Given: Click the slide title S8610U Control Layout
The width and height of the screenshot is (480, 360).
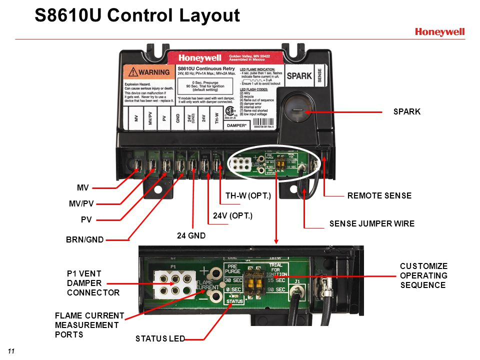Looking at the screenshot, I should pyautogui.click(x=137, y=16).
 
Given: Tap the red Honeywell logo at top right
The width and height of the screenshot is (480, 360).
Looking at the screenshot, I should pyautogui.click(x=439, y=32).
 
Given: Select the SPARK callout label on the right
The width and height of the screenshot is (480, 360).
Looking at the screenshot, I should pyautogui.click(x=407, y=112).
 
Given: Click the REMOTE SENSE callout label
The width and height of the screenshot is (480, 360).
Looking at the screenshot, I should pyautogui.click(x=379, y=195).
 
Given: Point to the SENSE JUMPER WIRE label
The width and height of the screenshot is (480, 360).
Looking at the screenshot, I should pyautogui.click(x=371, y=223).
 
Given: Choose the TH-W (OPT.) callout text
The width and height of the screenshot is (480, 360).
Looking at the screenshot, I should pyautogui.click(x=248, y=195).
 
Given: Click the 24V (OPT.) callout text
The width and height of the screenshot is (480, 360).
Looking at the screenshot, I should pyautogui.click(x=232, y=216).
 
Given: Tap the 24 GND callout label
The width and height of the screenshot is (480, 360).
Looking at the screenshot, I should pyautogui.click(x=192, y=235).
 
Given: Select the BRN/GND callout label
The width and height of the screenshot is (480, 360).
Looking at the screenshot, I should pyautogui.click(x=84, y=239).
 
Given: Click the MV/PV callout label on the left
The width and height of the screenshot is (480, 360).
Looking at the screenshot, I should pyautogui.click(x=81, y=204).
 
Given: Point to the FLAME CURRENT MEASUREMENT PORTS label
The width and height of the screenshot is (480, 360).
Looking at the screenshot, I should pyautogui.click(x=89, y=325).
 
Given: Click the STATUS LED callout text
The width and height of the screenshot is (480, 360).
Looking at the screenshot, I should pyautogui.click(x=160, y=339).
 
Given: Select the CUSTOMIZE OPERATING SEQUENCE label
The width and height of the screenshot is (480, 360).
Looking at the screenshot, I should pyautogui.click(x=423, y=275).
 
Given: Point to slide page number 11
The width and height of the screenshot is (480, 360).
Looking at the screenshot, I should pyautogui.click(x=11, y=350).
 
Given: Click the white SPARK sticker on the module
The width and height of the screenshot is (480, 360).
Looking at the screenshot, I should pyautogui.click(x=299, y=76).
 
